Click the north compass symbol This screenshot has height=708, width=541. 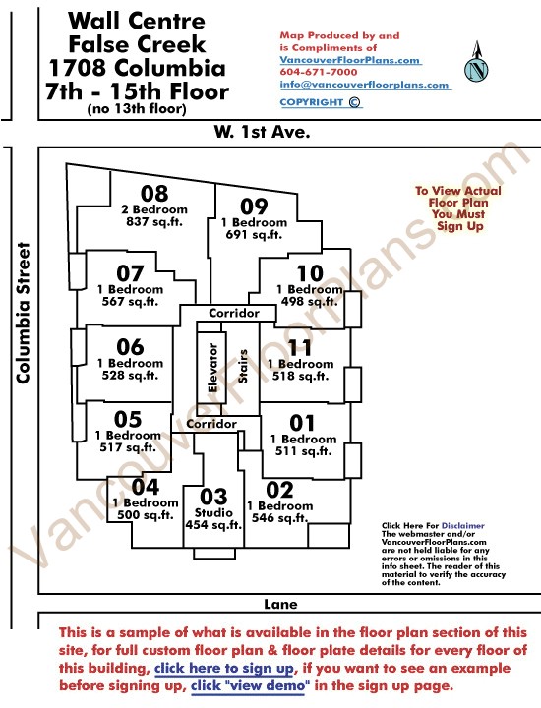click(x=476, y=62)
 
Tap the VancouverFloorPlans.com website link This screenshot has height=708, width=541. click(x=350, y=60)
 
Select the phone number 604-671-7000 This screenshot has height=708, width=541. click(x=319, y=72)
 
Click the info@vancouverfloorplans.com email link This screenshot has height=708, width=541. click(x=365, y=85)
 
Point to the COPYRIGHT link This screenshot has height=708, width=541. click(x=321, y=102)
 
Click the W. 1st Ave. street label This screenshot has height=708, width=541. click(x=262, y=132)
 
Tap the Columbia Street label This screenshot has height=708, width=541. click(x=23, y=314)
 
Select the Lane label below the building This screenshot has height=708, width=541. click(x=280, y=604)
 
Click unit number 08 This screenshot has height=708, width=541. click(x=154, y=194)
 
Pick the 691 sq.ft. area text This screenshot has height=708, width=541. click(x=254, y=235)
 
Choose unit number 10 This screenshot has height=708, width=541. click(x=310, y=273)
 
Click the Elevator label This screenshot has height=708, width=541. click(x=212, y=368)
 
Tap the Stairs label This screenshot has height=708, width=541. click(x=243, y=366)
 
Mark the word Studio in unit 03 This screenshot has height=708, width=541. click(x=213, y=513)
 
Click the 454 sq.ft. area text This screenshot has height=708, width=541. click(x=213, y=525)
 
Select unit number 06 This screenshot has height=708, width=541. click(x=130, y=347)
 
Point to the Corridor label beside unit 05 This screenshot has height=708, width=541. click(x=211, y=424)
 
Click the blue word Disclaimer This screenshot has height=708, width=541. click(x=463, y=525)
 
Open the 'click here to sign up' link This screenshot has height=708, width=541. click(x=224, y=668)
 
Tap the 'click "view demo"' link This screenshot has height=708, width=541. click(x=250, y=686)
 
